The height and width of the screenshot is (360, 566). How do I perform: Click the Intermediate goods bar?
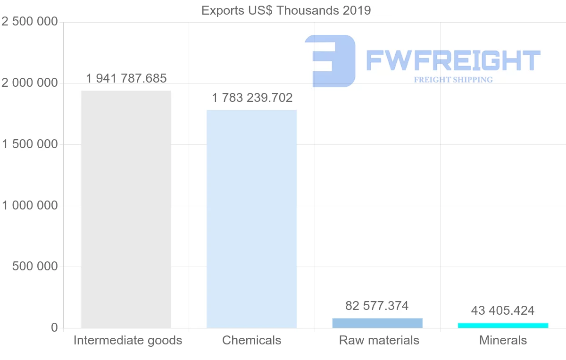[126, 209]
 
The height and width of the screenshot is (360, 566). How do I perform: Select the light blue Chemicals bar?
[251, 219]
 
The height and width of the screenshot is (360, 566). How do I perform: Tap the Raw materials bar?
[377, 323]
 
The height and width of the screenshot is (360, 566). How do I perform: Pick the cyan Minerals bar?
[503, 326]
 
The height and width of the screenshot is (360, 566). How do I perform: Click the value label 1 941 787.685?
[126, 78]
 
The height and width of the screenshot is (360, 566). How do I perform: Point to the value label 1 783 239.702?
[252, 98]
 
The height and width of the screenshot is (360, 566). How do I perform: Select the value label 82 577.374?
[377, 306]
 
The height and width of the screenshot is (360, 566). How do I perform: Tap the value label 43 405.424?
[502, 310]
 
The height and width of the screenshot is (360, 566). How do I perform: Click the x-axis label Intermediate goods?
[128, 340]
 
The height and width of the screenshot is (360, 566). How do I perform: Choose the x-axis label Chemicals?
[251, 340]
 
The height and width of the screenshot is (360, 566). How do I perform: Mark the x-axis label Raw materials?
[379, 340]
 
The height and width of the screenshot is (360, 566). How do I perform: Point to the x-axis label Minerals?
[503, 340]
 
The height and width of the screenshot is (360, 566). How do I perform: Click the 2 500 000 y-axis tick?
[30, 22]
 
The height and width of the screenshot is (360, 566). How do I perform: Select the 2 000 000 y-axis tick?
[30, 83]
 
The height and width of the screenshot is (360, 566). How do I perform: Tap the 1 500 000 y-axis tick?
[30, 144]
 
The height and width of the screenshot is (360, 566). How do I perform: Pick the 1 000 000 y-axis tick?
[30, 206]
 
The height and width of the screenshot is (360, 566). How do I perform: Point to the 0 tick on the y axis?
[54, 328]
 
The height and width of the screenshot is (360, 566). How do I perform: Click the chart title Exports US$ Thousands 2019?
[286, 10]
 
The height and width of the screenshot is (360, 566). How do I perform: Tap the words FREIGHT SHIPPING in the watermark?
[453, 80]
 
